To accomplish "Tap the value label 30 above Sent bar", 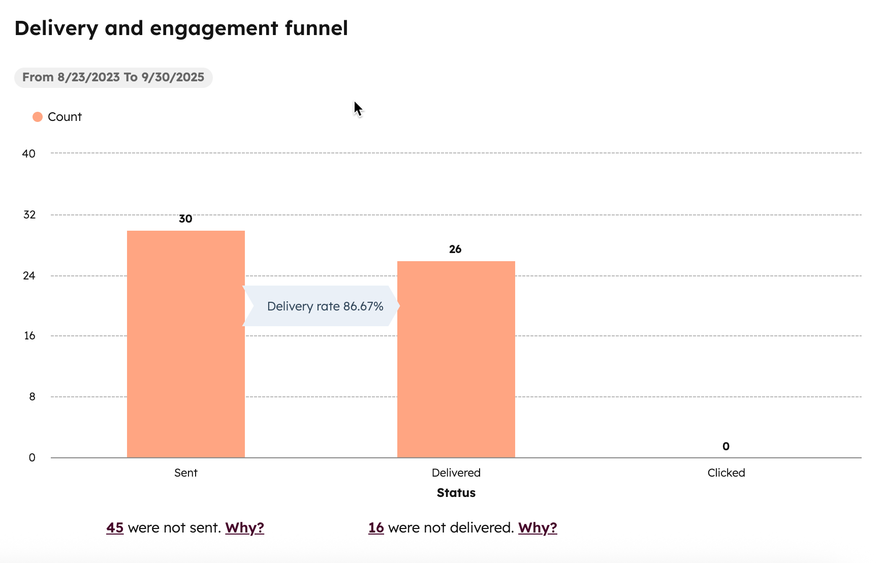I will click(x=185, y=219).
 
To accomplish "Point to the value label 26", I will click(x=455, y=249).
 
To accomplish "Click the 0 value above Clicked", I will click(x=726, y=447).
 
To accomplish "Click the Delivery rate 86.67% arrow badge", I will click(x=322, y=306).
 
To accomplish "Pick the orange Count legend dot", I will click(x=38, y=117).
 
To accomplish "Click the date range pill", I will click(x=113, y=78).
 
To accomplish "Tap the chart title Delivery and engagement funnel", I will click(x=181, y=28).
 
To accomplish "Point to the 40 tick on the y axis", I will click(x=29, y=154).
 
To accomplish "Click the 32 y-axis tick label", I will click(x=29, y=215).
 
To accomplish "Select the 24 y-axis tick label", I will click(x=29, y=276).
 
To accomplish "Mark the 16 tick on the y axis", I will click(x=29, y=336).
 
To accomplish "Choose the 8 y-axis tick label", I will click(x=32, y=397).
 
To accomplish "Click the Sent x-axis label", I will click(x=186, y=473).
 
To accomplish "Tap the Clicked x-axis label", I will click(x=726, y=473).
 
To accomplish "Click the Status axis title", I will click(x=456, y=493).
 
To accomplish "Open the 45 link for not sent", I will click(x=115, y=528).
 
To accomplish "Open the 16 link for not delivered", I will click(x=376, y=528).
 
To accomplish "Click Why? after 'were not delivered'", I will click(x=538, y=528).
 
